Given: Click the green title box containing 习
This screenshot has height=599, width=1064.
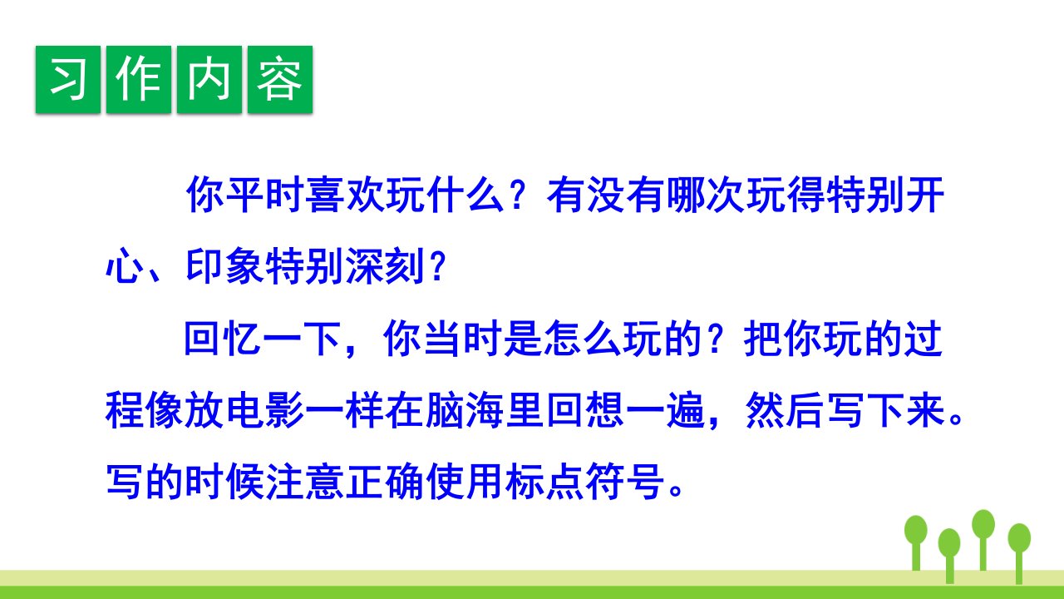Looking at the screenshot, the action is click(68, 79).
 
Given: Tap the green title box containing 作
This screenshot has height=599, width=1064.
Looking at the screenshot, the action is click(139, 79).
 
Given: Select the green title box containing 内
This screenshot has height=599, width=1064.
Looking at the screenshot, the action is click(209, 79).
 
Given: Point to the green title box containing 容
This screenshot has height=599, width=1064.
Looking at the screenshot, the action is click(280, 79).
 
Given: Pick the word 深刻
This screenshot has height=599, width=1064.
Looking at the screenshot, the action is click(385, 266).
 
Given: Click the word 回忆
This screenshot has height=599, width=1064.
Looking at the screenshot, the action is click(222, 339).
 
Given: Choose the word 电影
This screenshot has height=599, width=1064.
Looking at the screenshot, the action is click(265, 410).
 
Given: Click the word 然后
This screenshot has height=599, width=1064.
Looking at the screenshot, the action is click(785, 410).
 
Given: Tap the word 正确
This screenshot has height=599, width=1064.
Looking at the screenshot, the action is click(385, 482).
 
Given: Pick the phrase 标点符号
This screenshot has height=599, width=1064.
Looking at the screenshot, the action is click(584, 482).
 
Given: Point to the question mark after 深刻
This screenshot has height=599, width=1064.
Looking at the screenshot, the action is click(437, 267).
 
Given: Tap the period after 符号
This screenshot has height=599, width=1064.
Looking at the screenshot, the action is click(675, 491).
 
